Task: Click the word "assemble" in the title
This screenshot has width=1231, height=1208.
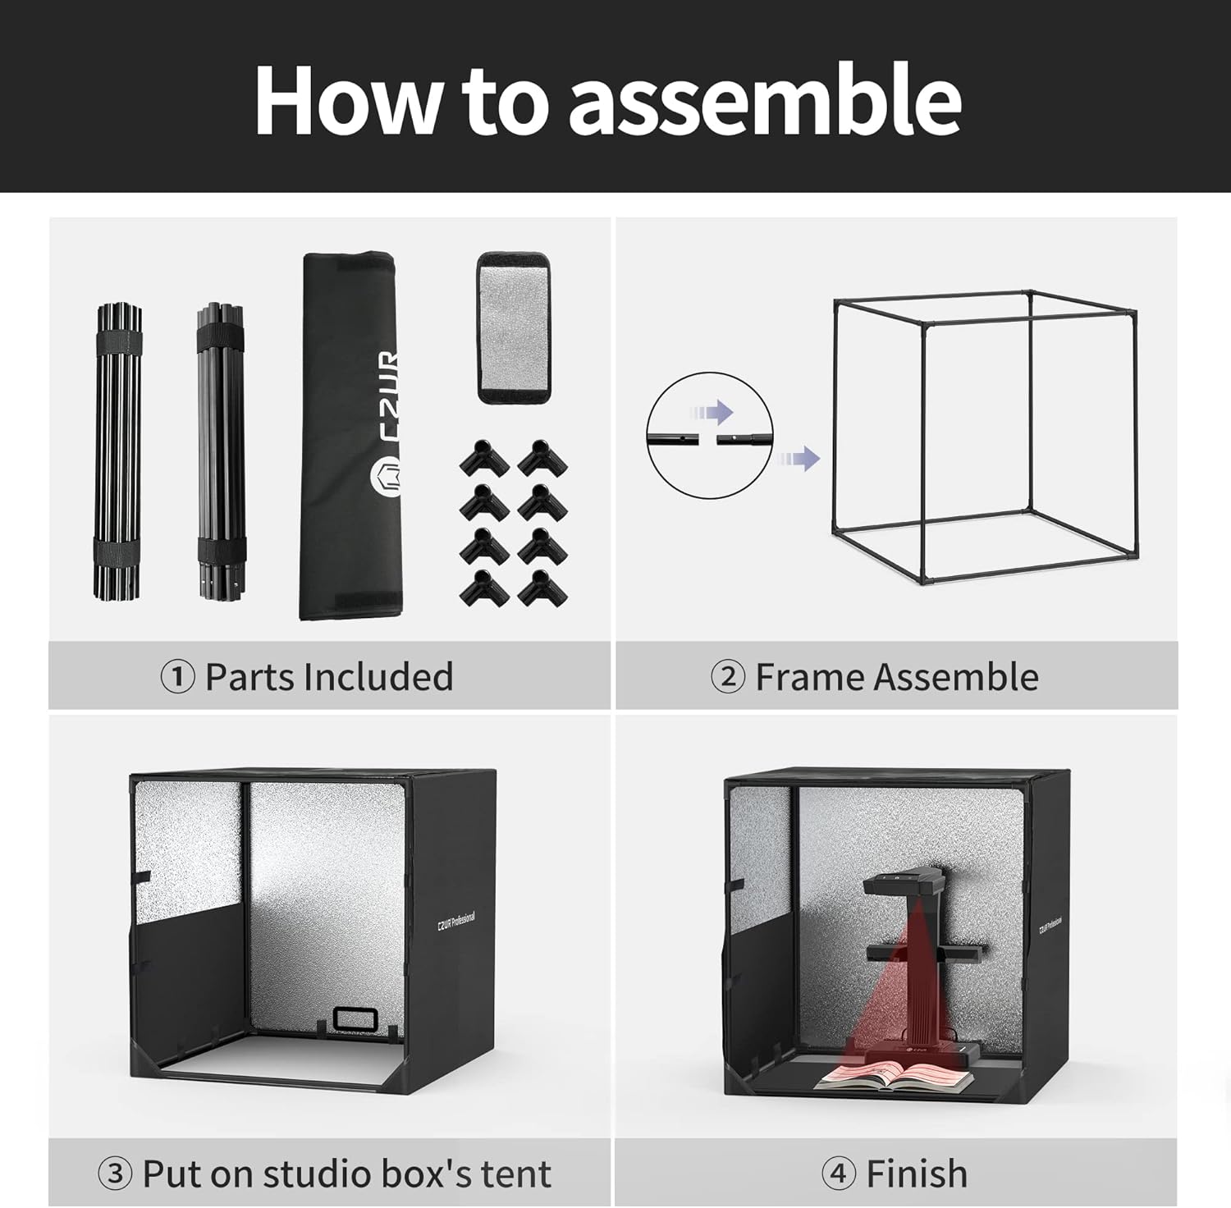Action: point(765,100)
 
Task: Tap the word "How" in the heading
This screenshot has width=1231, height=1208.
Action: point(346,100)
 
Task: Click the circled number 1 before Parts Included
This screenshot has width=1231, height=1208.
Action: point(177,678)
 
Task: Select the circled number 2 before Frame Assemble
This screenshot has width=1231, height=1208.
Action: point(728,678)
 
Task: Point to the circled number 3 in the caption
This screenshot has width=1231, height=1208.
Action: point(115,1174)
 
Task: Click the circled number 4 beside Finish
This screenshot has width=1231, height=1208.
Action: point(839,1174)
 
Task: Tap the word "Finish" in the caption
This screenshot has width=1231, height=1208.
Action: point(917,1174)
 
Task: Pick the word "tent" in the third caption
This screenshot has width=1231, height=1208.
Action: point(516,1174)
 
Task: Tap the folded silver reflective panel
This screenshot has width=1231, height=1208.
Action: point(512,327)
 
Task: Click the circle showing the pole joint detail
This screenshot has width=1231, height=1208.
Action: point(709,435)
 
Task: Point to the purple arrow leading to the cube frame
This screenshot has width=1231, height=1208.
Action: point(799,458)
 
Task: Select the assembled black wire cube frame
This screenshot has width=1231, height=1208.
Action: point(985,439)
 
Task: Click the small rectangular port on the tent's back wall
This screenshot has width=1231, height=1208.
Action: point(355,1018)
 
